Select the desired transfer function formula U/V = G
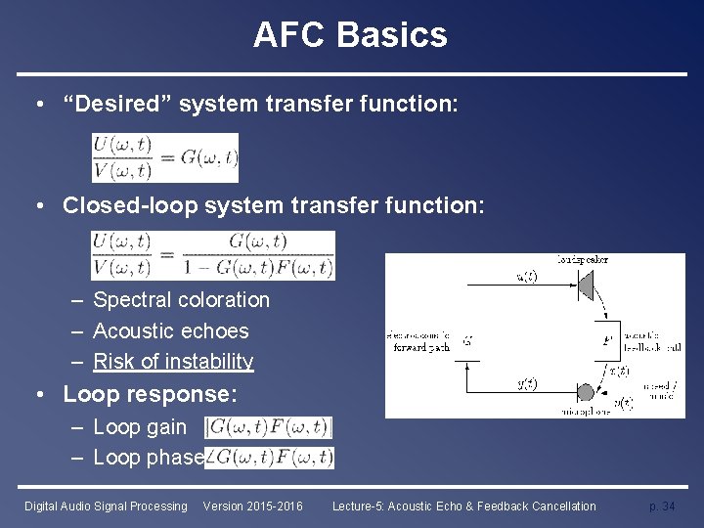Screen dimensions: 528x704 point(164,157)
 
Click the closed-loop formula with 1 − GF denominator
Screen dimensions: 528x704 point(213,255)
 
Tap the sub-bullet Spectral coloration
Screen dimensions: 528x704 point(181,300)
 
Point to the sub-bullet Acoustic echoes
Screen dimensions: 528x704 point(170,330)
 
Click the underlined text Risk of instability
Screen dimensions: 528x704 point(173,361)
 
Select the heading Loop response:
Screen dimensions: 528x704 point(150,394)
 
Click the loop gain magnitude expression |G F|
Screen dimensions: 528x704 point(269,427)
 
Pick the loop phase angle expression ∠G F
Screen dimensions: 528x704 point(270,457)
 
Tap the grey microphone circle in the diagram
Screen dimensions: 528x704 point(585,392)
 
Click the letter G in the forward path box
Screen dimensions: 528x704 point(467,341)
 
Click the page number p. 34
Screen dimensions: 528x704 point(662,506)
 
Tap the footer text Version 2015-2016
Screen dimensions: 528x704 point(252,506)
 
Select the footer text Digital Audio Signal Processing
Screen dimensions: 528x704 point(106,506)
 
